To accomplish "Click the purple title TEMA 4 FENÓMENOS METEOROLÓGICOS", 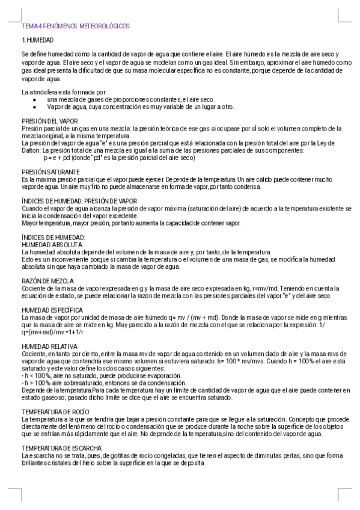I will click(75, 26).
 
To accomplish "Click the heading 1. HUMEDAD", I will click(38, 40).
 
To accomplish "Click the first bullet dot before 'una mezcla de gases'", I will click(35, 99).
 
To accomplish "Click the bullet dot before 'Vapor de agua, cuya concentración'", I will click(35, 107).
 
